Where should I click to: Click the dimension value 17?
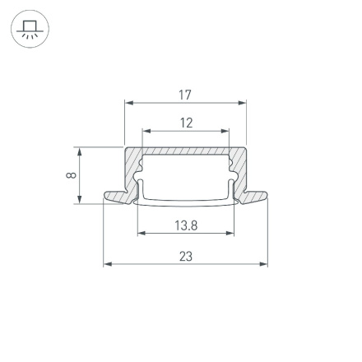click(x=185, y=95)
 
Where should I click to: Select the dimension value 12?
click(x=186, y=123)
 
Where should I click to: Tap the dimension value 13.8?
click(x=186, y=225)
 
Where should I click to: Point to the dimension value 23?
click(x=186, y=256)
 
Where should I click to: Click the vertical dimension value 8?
click(x=72, y=174)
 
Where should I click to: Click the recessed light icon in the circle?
click(x=30, y=29)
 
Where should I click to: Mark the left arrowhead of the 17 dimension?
click(x=128, y=104)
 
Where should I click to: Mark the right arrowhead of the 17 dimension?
click(x=243, y=104)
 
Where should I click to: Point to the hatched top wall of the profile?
click(x=185, y=152)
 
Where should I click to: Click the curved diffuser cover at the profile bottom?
click(x=185, y=201)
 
